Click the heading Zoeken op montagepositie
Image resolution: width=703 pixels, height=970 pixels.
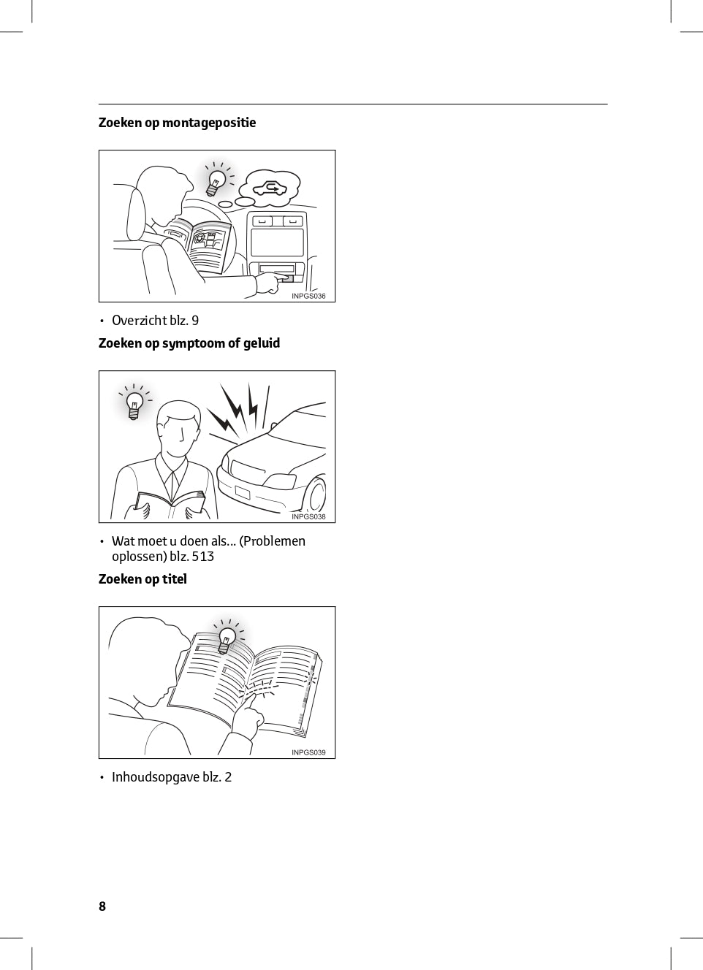point(177,123)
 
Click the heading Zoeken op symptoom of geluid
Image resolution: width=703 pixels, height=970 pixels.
point(189,343)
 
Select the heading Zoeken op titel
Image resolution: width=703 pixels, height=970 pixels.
point(142,579)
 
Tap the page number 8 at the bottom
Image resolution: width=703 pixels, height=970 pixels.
point(102,906)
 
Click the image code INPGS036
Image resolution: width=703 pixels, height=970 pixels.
point(308,297)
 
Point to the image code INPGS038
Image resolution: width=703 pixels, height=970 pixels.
point(308,516)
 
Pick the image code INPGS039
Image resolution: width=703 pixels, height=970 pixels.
point(308,752)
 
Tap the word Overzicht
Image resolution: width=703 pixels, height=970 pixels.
point(139,321)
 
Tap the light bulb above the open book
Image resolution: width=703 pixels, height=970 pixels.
point(227,640)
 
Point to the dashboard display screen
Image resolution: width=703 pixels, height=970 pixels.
point(276,242)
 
